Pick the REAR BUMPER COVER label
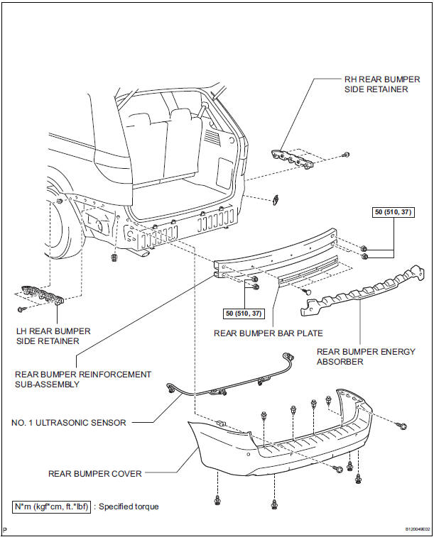(95, 472)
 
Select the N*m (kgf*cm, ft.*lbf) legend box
(51, 506)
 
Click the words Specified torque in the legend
(129, 506)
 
